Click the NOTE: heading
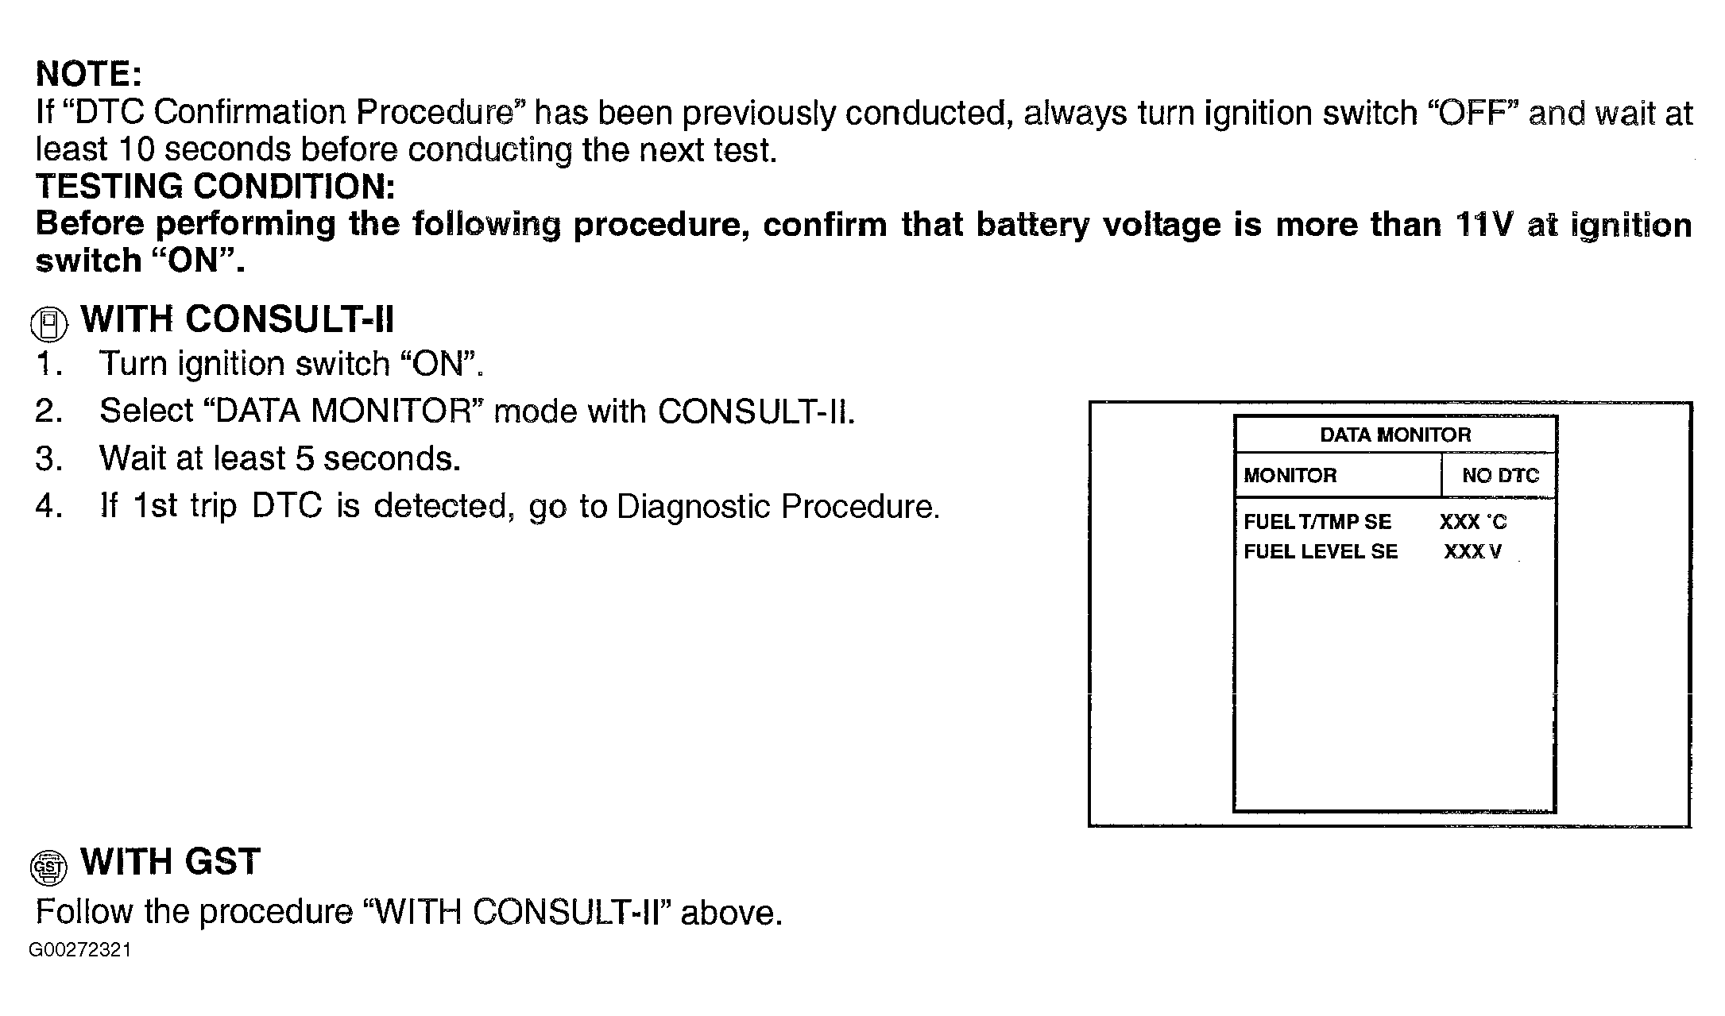[88, 74]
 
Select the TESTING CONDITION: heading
[215, 187]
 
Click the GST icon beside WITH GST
[48, 867]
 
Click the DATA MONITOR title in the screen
[1394, 435]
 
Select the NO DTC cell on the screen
[1500, 475]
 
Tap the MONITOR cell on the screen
[1290, 475]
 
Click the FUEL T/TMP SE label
[1317, 522]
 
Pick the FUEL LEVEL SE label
[1320, 551]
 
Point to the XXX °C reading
[1472, 522]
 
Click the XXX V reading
[1472, 551]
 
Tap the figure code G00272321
[80, 950]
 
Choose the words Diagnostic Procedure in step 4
[776, 506]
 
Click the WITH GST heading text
[170, 862]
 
